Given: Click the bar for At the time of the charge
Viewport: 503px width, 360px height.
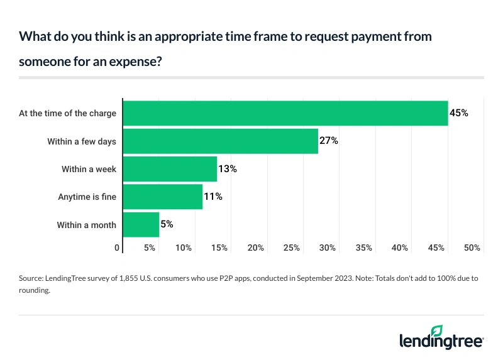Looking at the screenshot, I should [x=285, y=113].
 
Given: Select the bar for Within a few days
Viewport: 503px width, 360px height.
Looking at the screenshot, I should [x=220, y=141].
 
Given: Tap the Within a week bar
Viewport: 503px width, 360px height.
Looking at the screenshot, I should [x=170, y=169].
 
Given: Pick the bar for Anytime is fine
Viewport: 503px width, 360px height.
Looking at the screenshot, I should [x=162, y=197].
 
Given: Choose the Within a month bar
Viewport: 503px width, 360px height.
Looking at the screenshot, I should [x=141, y=224].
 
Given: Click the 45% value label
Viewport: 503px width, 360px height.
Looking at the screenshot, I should [x=459, y=113].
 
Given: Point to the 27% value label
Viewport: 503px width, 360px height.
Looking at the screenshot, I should [x=329, y=141].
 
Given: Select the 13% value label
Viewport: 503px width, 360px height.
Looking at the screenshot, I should [x=228, y=169].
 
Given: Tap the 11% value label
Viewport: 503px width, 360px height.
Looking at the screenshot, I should [x=213, y=197].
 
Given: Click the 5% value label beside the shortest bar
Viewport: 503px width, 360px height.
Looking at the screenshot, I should [x=167, y=224].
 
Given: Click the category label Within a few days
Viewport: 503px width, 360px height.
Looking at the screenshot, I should [x=82, y=141].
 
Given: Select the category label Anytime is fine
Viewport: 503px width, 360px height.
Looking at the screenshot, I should [x=87, y=197].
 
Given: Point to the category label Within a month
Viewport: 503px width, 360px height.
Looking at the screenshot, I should [x=87, y=224].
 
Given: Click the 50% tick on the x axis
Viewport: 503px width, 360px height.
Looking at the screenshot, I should [x=472, y=248].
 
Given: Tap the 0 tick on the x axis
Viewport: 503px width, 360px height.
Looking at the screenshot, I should [x=117, y=248].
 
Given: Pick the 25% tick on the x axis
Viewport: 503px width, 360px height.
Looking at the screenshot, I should [x=292, y=248].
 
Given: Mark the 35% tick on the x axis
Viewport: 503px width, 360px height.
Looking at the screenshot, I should [x=364, y=248].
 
